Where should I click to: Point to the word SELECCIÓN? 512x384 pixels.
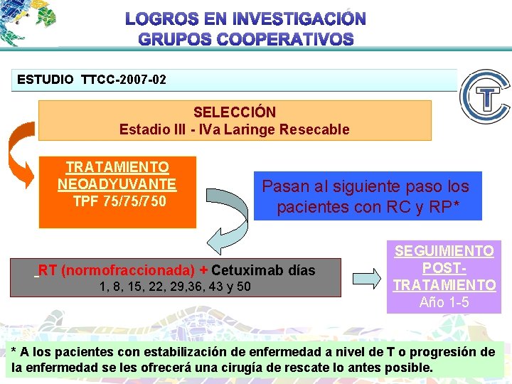[x=235, y=112]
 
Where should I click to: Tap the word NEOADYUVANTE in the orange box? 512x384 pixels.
[x=117, y=184]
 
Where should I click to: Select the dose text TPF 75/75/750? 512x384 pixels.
[x=119, y=201]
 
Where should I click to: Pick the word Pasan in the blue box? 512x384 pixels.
[x=279, y=187]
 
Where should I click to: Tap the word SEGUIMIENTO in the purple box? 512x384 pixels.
[x=444, y=251]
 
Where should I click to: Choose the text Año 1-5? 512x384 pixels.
[x=444, y=302]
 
